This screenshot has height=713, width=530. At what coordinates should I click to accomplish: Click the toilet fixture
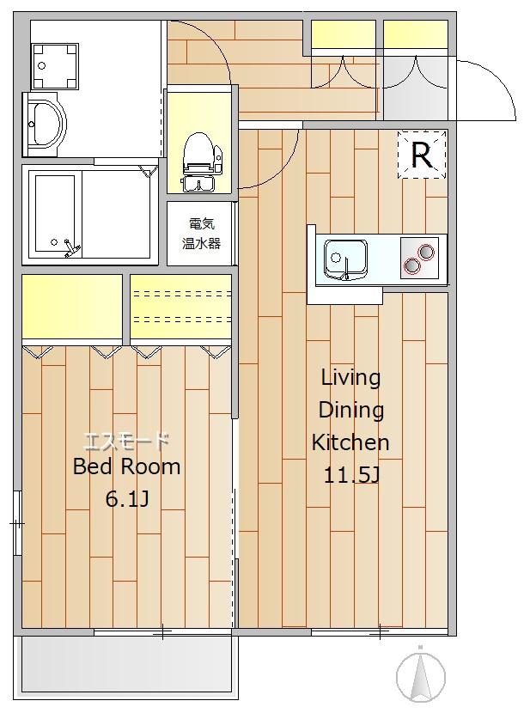click(x=200, y=161)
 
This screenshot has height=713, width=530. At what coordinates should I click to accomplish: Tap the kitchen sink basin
click(x=345, y=259)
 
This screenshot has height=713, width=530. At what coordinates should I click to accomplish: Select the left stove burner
click(x=411, y=265)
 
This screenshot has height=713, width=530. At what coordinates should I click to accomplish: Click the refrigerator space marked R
click(x=422, y=155)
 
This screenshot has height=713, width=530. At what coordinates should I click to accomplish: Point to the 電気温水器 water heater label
click(x=201, y=234)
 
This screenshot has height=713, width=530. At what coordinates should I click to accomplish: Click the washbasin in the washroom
click(x=44, y=125)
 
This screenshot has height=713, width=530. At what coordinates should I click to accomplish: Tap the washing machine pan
click(x=55, y=66)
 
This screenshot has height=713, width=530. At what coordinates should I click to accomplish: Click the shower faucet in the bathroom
click(x=72, y=248)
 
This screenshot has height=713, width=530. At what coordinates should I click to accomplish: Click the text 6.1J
click(x=127, y=499)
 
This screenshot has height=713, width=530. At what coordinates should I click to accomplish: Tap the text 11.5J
click(x=351, y=476)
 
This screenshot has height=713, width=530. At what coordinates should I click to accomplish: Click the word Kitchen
click(x=350, y=442)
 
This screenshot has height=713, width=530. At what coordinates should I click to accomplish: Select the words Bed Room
click(x=127, y=466)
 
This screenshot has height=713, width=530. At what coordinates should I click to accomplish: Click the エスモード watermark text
click(x=127, y=441)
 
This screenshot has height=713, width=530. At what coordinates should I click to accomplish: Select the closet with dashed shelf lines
click(x=181, y=306)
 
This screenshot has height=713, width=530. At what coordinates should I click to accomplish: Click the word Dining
click(x=351, y=411)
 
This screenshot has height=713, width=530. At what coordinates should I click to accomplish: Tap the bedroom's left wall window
click(x=17, y=523)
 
